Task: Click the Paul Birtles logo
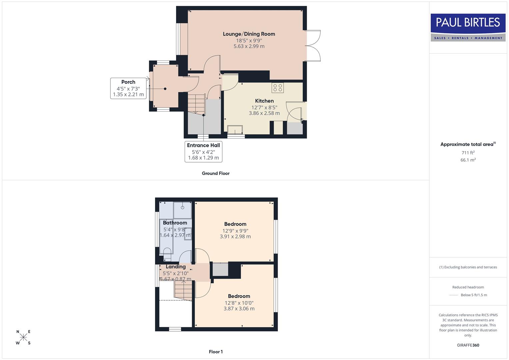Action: (x=468, y=27)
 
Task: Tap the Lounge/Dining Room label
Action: (x=249, y=34)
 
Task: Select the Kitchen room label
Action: (x=264, y=101)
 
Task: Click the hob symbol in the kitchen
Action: (x=278, y=88)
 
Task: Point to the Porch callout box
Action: (x=128, y=88)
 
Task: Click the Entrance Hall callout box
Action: (x=203, y=151)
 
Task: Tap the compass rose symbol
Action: (x=23, y=337)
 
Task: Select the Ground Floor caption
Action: (x=216, y=173)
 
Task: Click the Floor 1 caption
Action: (x=216, y=352)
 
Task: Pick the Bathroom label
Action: (x=175, y=223)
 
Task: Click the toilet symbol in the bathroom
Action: (x=167, y=257)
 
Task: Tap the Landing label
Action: (x=176, y=267)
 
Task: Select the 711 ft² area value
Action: (x=468, y=153)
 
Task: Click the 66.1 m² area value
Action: (x=468, y=160)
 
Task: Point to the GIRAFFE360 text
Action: (x=468, y=345)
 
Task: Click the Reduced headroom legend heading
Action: (x=468, y=287)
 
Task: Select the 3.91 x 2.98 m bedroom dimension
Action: (x=235, y=237)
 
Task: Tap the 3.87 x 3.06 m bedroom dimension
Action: (x=239, y=309)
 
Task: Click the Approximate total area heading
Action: (x=468, y=144)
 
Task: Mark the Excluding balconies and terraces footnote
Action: (x=468, y=267)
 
